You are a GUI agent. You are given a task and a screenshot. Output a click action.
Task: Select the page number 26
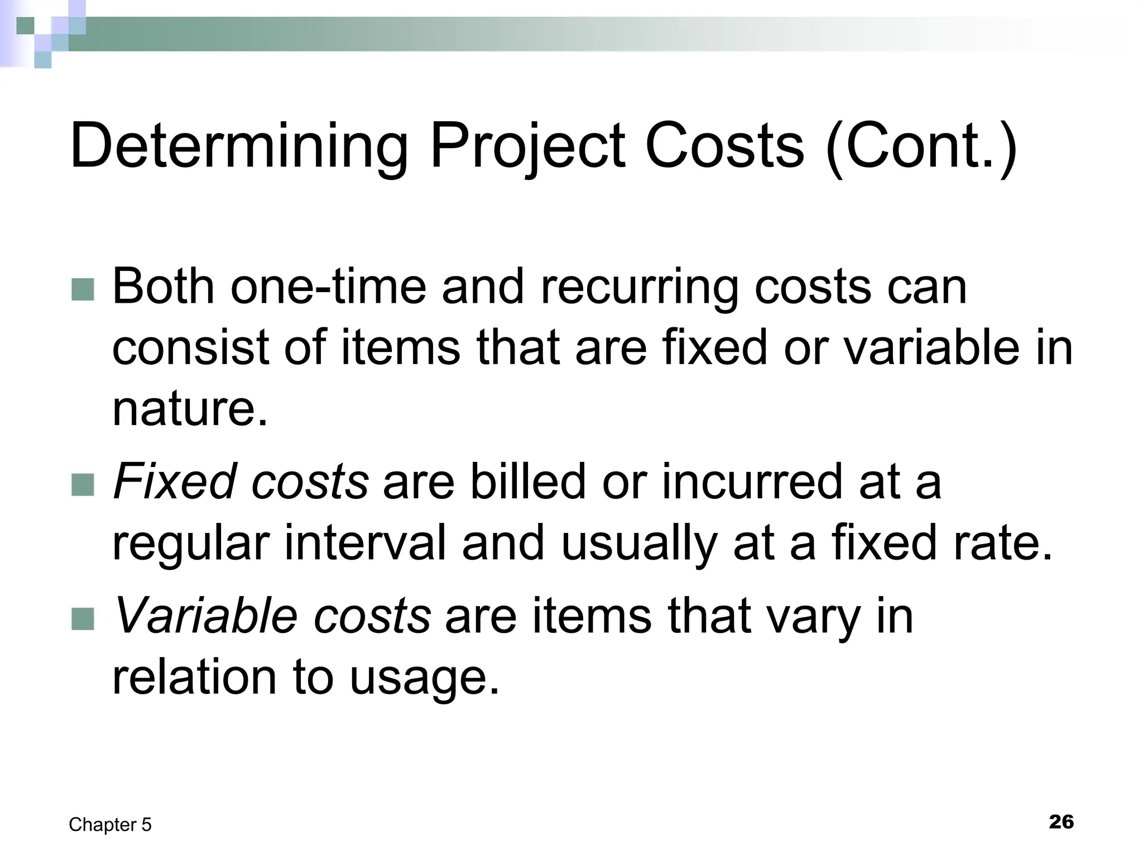click(x=1061, y=822)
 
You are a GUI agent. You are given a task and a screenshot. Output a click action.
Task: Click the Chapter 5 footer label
click(x=110, y=825)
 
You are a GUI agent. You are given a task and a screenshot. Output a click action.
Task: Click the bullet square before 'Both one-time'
click(x=83, y=289)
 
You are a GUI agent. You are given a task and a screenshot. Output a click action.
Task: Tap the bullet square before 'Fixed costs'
click(x=83, y=484)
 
